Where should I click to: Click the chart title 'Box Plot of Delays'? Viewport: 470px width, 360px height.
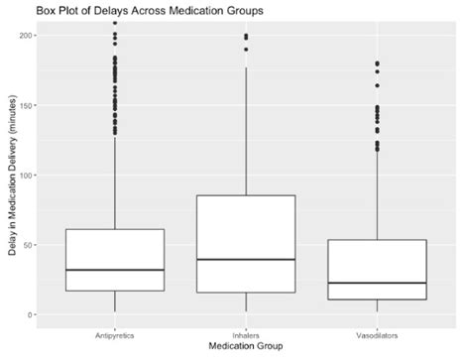tap(128, 10)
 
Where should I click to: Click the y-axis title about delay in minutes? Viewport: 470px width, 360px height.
tap(16, 170)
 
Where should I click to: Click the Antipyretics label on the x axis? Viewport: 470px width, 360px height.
tap(116, 331)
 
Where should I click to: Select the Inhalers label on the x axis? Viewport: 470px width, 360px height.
tap(247, 331)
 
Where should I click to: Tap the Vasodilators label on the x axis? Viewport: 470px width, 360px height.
tap(377, 331)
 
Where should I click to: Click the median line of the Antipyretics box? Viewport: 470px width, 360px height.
tap(116, 270)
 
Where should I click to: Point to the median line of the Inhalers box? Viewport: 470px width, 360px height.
tap(247, 259)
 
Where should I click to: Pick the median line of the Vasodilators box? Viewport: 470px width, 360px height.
tap(377, 284)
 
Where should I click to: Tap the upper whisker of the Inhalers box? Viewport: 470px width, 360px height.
tap(247, 119)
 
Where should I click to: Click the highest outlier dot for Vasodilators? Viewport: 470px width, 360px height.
tap(377, 64)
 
